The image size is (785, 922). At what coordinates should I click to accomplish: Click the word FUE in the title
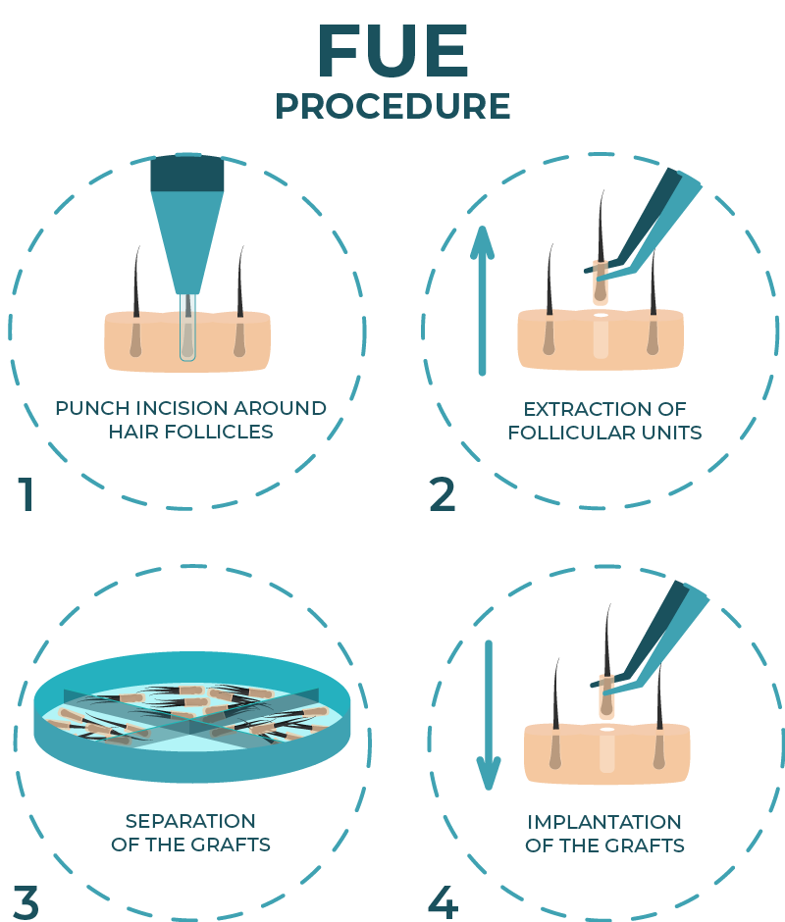tap(392, 51)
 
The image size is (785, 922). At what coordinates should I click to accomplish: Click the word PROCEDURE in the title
tap(392, 107)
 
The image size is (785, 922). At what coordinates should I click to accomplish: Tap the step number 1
tap(26, 494)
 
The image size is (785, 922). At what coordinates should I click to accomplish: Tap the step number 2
tap(443, 494)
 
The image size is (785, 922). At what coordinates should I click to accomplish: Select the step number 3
tap(26, 903)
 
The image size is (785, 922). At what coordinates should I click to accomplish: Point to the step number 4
tap(444, 902)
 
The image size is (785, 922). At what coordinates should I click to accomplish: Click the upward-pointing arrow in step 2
tap(482, 300)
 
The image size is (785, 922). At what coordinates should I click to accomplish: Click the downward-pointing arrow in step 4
tap(489, 715)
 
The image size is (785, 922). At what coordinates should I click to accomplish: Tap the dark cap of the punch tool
tap(187, 173)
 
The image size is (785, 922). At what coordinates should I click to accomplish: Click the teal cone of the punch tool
tap(187, 242)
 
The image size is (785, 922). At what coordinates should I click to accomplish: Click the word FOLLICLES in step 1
tap(219, 432)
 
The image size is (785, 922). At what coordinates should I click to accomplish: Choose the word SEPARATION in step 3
tap(190, 821)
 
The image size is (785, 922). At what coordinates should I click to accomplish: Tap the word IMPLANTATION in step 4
tap(604, 822)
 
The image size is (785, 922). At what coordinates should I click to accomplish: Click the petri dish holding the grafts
tap(192, 717)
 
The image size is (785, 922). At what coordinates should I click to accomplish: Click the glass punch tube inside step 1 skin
tap(187, 327)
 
